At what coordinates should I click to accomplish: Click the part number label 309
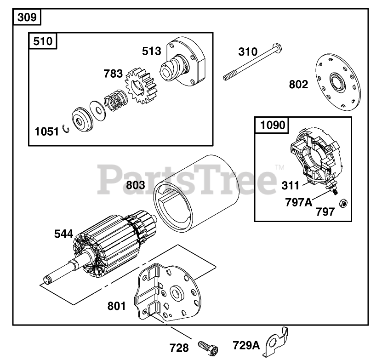(27, 17)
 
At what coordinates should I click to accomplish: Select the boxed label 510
(43, 41)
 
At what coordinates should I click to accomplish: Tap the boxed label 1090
(273, 125)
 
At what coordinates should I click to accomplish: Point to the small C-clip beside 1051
(66, 129)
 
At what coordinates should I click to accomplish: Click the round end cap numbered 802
(338, 82)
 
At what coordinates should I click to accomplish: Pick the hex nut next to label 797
(343, 203)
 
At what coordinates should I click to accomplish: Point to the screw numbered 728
(208, 347)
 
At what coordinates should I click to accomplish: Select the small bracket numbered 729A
(275, 341)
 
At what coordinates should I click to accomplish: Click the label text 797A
(299, 202)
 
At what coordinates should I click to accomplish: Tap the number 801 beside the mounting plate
(116, 306)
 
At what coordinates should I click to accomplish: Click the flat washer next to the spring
(98, 111)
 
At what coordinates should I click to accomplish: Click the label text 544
(63, 234)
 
